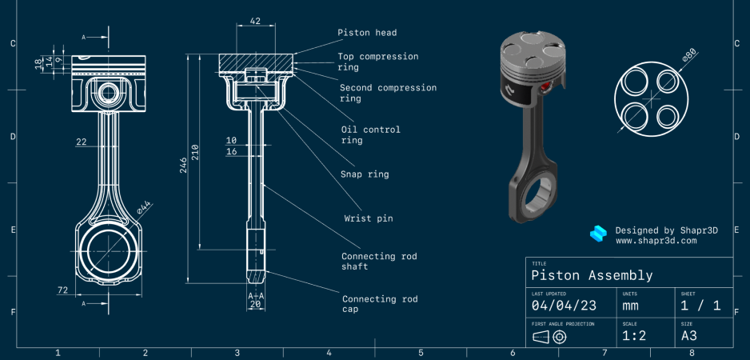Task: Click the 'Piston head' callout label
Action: coord(367,33)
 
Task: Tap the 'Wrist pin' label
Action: coord(369,218)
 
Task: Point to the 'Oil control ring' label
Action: coord(370,134)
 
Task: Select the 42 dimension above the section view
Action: coord(255,22)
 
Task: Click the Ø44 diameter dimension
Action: coord(144,207)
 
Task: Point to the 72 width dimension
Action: coord(62,290)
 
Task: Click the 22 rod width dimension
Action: coord(81,142)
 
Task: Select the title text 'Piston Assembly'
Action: coord(592,275)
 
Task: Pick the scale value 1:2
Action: coord(634,336)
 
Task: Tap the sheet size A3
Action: coord(689,336)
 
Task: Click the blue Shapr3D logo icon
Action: coord(598,234)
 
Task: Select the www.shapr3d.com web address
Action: coord(656,240)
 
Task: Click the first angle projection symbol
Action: coord(549,336)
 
